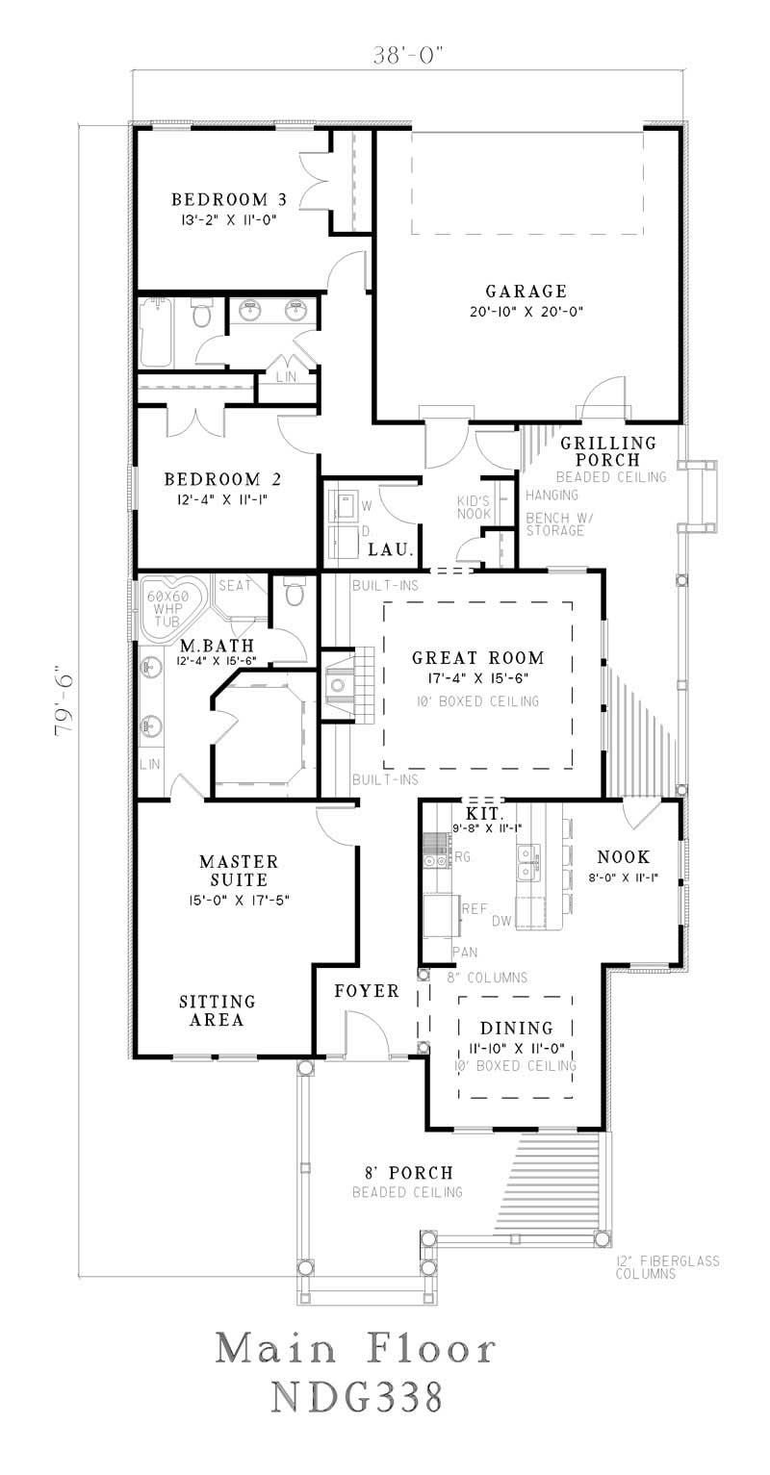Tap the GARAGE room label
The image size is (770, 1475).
pos(526,291)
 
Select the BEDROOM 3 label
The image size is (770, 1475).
pos(229,200)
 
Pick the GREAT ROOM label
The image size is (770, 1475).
pos(477,658)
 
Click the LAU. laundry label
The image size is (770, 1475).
pos(391,550)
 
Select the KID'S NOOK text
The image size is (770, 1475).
pos(474,508)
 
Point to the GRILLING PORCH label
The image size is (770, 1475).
pos(608,451)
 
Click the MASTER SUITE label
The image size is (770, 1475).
pos(239,870)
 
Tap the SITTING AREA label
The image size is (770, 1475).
pos(218,1010)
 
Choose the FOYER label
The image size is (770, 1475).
pos(367,991)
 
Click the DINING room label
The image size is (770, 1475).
pos(518,1029)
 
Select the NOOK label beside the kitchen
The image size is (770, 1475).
pos(623,856)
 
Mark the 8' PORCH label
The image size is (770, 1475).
pos(407,1173)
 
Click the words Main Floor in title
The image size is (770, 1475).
pos(356,1349)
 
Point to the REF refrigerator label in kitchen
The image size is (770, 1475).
pos(475,907)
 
